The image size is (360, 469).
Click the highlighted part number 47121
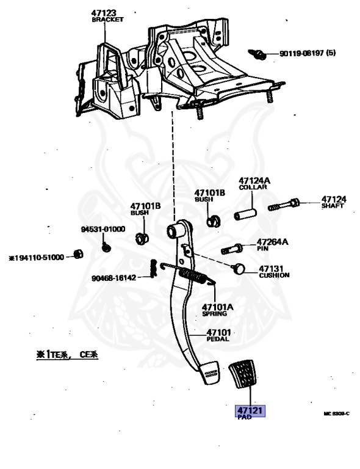pos(250,411)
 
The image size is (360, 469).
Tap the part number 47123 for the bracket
pos(104,12)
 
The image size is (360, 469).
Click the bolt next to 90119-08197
pos(259,54)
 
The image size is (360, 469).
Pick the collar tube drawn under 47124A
pos(246,216)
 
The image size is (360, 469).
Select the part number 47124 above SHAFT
pos(334,199)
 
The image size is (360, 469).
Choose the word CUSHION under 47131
pos(274,275)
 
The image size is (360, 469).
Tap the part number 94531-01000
pos(103,229)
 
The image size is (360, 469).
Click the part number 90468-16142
pos(114,277)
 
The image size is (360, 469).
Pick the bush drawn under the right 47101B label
pos(213,220)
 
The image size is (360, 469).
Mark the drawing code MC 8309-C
pos(336,414)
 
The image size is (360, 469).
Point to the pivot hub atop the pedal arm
pos(176,231)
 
